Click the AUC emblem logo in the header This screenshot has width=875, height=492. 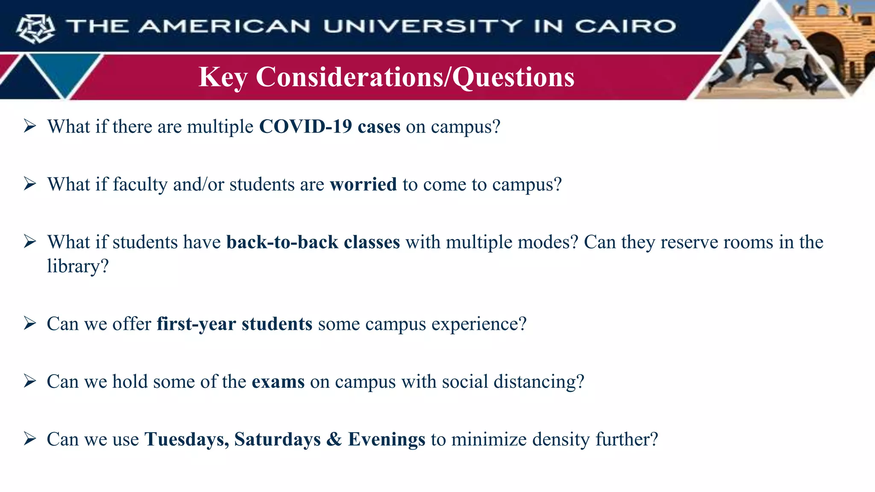pos(35,29)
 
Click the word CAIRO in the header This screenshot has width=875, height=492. pos(625,26)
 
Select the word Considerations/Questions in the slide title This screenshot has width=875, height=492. pos(415,77)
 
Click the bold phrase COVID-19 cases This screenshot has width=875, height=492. pos(329,127)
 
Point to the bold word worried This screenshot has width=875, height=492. pos(363,184)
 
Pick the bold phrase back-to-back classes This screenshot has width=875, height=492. pos(313,242)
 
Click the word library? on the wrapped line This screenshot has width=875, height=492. pos(78,266)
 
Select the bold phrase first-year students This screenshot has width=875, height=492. pos(234,324)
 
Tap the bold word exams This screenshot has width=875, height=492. pos(278,381)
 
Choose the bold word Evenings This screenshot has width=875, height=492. pos(386,439)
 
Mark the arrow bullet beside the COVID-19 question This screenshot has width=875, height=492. pos(30,126)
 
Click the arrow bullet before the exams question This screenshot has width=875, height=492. pos(30,381)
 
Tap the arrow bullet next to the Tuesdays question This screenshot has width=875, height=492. pos(30,439)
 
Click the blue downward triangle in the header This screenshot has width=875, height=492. pos(65,70)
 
